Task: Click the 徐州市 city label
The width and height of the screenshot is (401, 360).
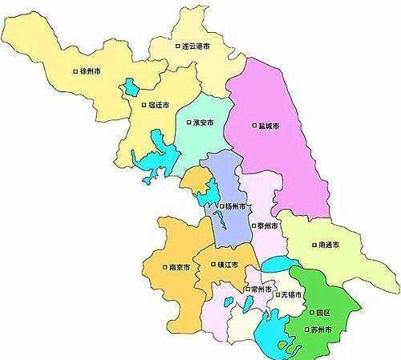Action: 90,71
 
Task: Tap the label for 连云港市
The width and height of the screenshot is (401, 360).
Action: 196,47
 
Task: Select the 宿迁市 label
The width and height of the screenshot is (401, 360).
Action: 158,104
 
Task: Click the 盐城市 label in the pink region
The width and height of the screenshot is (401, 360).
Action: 269,125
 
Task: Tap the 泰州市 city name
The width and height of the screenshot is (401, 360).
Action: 269,226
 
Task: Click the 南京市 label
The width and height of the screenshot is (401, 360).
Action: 177,267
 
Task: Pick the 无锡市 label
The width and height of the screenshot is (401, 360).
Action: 291,295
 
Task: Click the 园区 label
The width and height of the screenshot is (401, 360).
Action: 322,312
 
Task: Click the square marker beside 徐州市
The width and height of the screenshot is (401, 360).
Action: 75,71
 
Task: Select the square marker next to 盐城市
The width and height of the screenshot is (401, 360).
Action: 253,125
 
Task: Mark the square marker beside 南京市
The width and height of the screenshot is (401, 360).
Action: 163,267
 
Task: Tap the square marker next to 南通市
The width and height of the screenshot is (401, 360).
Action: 311,244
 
